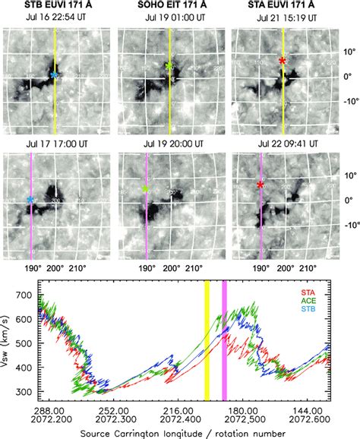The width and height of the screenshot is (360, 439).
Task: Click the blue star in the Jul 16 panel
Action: [x=53, y=75]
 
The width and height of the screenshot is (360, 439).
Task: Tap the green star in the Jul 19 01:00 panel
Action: [x=169, y=66]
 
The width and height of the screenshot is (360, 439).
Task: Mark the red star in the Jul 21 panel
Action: [x=283, y=60]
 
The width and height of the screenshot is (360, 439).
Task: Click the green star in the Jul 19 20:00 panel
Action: [x=145, y=188]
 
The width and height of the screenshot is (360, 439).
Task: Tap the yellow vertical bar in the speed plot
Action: [x=206, y=340]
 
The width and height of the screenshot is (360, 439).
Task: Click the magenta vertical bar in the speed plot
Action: [x=224, y=340]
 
